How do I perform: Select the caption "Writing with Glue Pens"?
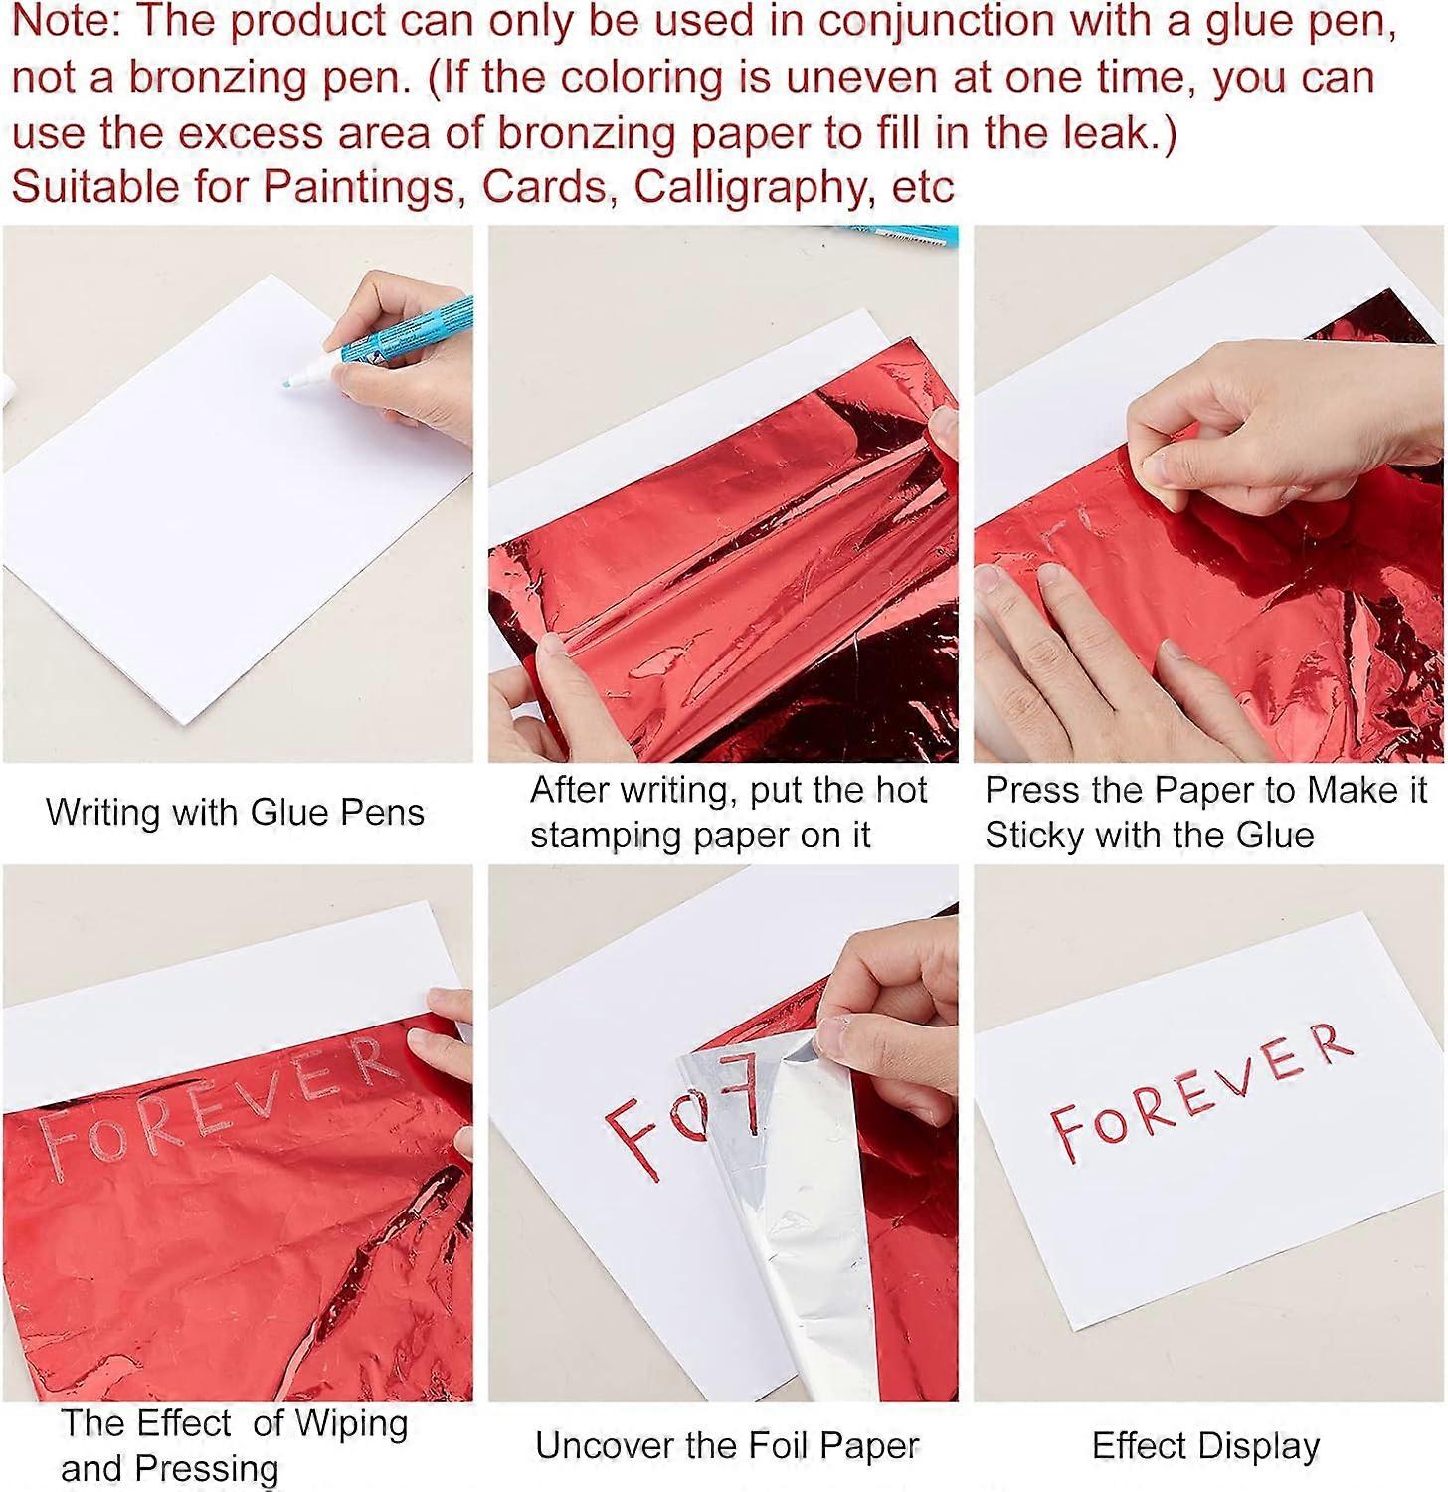pos(235,812)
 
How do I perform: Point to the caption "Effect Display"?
pos(1205,1445)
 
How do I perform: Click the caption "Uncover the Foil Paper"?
pos(727,1445)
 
